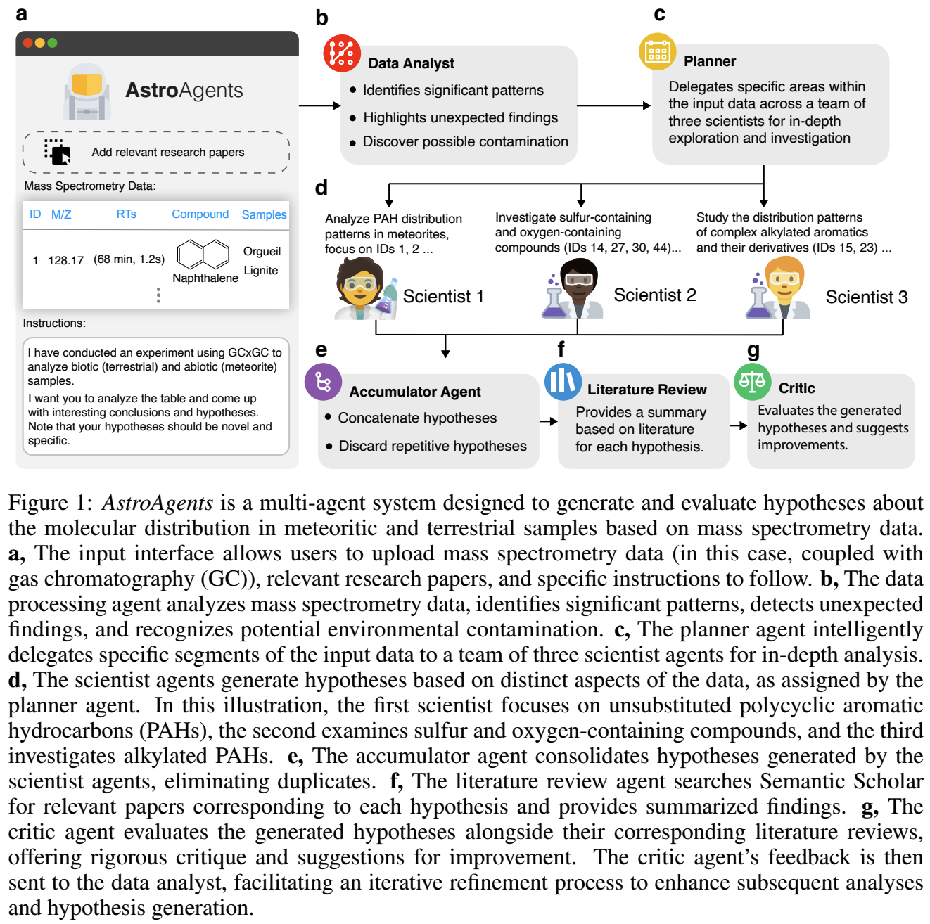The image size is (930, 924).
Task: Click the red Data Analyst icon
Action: (341, 53)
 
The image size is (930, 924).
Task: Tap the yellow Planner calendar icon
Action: (657, 52)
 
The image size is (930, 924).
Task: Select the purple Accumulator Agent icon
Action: (323, 381)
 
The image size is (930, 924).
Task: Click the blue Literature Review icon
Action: (563, 381)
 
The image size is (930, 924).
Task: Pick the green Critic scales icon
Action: (752, 381)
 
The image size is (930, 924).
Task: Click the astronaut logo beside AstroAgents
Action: (87, 91)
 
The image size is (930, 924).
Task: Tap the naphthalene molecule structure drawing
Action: (203, 254)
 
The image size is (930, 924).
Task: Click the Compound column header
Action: (200, 214)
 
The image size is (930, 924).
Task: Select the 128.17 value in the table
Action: (65, 260)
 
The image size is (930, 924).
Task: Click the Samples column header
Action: (264, 214)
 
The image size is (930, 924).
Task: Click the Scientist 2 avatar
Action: (573, 289)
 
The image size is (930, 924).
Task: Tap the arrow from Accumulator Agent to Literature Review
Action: (549, 421)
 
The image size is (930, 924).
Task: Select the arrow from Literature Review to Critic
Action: (738, 425)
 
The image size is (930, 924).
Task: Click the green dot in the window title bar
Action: (52, 43)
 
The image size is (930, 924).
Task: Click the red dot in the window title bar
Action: (27, 43)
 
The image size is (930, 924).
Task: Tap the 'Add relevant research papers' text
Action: (168, 153)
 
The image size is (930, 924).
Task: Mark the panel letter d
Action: (321, 188)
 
